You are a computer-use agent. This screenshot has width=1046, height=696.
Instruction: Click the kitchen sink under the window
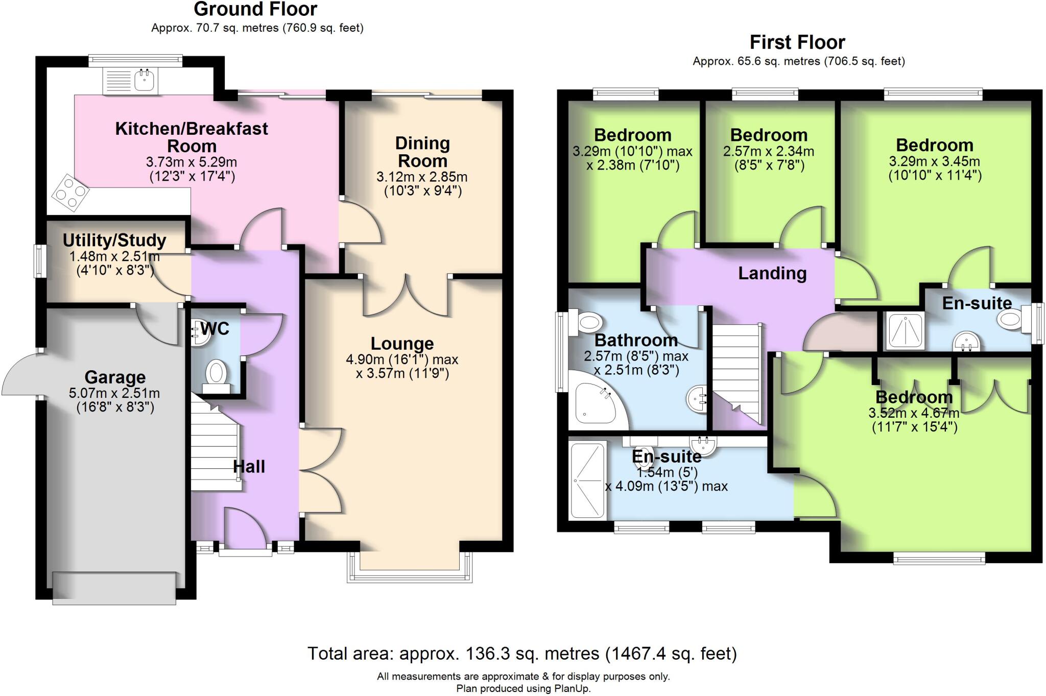(x=131, y=81)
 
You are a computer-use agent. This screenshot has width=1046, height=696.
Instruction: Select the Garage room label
(x=115, y=377)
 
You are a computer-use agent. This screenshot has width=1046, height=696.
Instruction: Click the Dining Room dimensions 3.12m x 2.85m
(x=422, y=177)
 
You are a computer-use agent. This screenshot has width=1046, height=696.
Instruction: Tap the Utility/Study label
(x=114, y=240)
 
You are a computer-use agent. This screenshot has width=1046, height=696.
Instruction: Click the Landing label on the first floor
(x=772, y=273)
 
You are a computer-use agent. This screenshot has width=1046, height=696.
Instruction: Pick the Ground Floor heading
(x=255, y=9)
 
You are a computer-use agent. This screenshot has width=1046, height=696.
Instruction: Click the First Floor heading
(x=797, y=42)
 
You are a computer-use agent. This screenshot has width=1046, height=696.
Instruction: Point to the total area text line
(x=522, y=653)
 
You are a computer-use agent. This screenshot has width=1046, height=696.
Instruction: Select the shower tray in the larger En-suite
(x=587, y=480)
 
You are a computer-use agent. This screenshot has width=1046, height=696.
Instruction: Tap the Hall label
(x=249, y=466)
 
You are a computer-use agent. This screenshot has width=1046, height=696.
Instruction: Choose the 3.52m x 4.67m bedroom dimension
(x=914, y=413)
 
